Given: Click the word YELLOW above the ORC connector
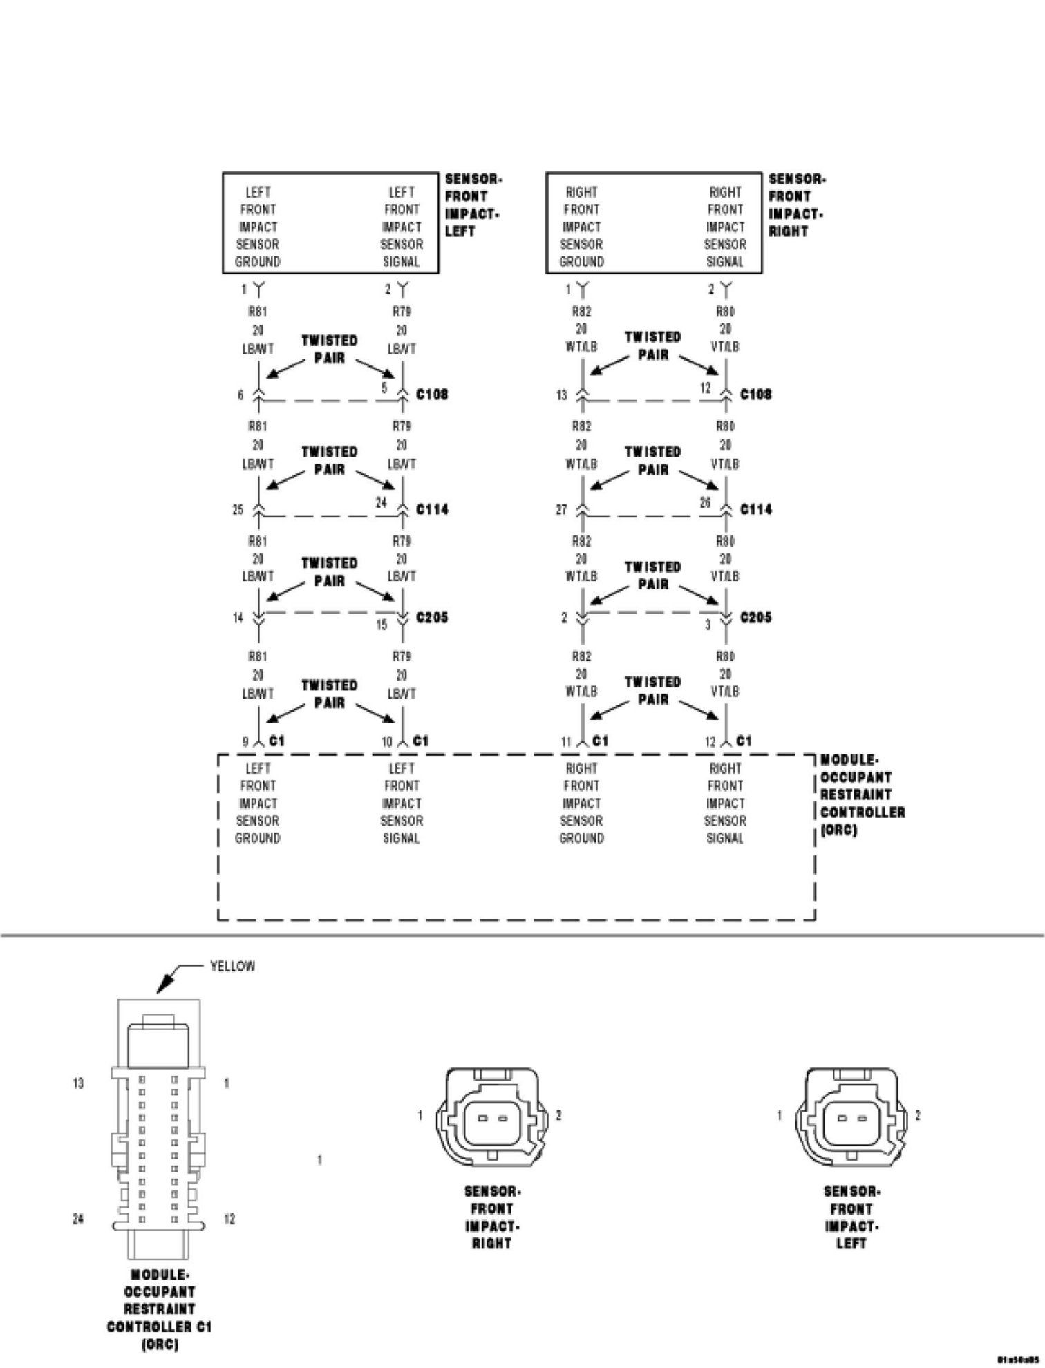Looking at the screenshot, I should pos(232,966).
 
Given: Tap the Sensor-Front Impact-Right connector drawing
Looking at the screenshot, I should pos(490,1114).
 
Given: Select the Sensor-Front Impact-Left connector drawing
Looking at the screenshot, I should pos(849,1114).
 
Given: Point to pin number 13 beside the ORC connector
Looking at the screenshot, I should pos(79,1083).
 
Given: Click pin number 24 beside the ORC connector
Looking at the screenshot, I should pos(79,1219).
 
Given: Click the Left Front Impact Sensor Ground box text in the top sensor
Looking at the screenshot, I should pos(258,227).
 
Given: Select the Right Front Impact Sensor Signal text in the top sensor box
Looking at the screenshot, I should pos(725,227).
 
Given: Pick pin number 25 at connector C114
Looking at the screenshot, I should pos(238,510).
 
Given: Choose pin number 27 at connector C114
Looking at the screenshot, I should pos(561,510).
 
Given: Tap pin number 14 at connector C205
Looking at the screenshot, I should pos(238,618).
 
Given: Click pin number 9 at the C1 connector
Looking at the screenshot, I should pos(245,742).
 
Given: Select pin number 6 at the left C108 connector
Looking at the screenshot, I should pos(241,395).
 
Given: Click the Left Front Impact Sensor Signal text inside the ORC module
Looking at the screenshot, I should pos(402,804).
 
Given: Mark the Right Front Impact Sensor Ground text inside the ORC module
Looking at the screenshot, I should pos(581,804).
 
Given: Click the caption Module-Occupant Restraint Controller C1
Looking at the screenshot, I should pos(160,1309).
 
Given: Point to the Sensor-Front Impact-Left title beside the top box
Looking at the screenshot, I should pos(473,205).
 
